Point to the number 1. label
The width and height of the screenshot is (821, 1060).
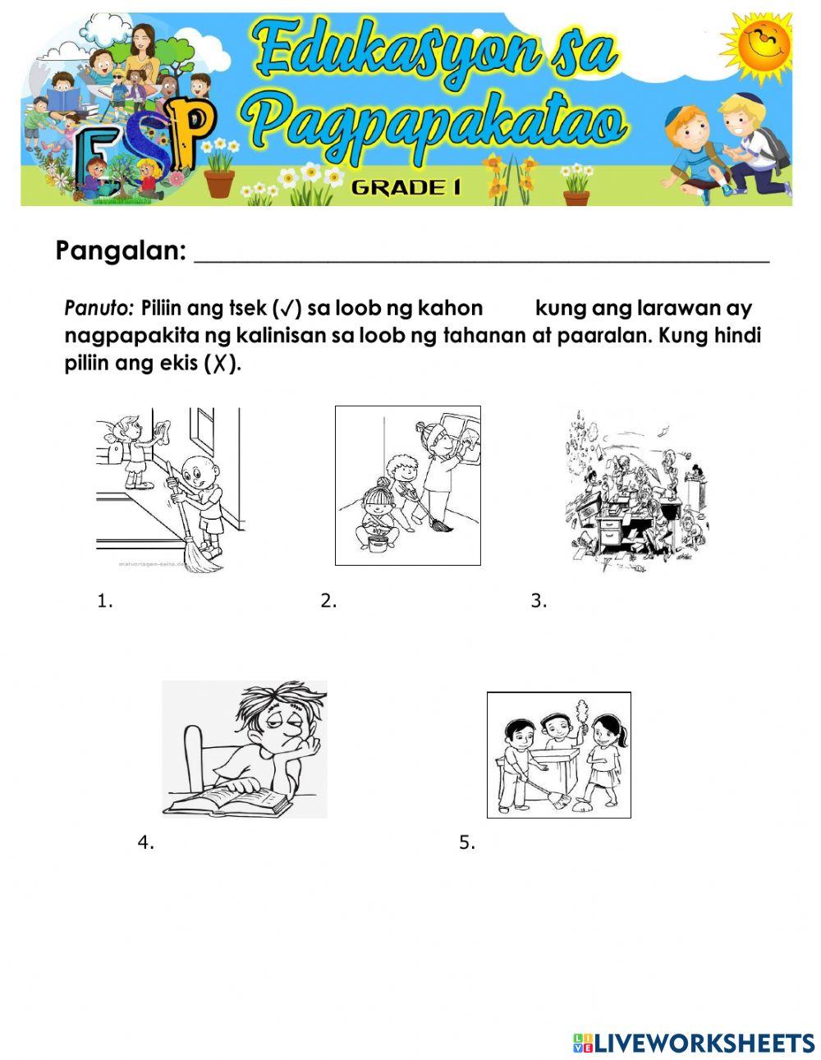pos(104,601)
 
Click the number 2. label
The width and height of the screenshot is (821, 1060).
pos(328,601)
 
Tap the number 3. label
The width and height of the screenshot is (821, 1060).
pos(538,601)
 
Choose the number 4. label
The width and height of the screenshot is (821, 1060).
pos(145,842)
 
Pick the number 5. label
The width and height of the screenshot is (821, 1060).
pos(467,842)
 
